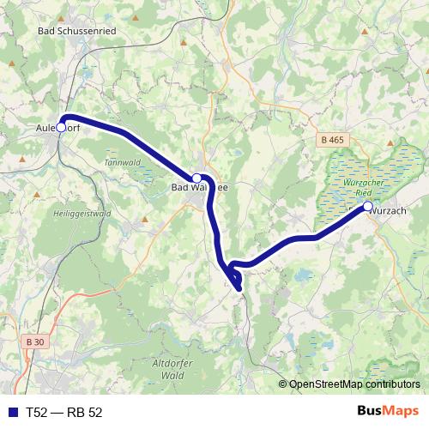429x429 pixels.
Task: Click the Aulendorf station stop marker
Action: (61, 127)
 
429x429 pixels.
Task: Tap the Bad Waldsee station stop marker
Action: (196, 178)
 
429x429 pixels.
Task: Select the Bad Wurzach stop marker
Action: (367, 207)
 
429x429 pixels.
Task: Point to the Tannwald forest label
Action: (119, 161)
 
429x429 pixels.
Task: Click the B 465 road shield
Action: (332, 139)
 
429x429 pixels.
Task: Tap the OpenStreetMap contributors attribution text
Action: (353, 384)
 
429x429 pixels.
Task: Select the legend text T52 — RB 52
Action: (64, 412)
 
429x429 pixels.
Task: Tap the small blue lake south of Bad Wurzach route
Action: (302, 276)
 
